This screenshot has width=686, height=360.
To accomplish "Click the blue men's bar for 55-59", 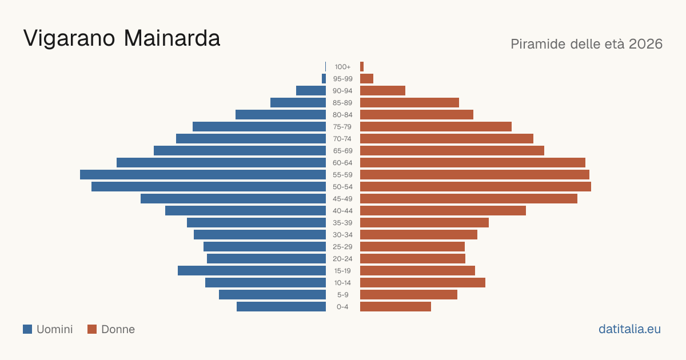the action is click(x=203, y=174).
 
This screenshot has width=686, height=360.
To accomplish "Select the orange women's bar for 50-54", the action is click(x=476, y=187).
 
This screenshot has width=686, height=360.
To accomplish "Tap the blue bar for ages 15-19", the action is click(x=252, y=271).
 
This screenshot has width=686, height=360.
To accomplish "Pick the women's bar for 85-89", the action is click(x=409, y=102).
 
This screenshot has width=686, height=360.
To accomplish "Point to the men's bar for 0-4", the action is click(x=281, y=307).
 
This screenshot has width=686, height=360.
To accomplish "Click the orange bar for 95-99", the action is click(x=366, y=79).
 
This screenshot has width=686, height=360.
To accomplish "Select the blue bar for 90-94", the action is click(x=311, y=91).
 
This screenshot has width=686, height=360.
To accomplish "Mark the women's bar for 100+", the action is click(x=362, y=67).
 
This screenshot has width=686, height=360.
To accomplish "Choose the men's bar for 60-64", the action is click(x=221, y=162).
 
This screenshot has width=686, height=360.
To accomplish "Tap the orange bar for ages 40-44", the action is click(x=443, y=211).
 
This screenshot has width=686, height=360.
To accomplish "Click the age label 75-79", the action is click(x=342, y=127).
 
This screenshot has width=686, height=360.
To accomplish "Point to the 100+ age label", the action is click(x=342, y=67).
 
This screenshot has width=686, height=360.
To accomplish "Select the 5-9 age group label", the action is click(x=342, y=295).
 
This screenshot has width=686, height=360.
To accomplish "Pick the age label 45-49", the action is click(x=342, y=199).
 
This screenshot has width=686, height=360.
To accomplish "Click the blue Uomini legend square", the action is click(x=27, y=329).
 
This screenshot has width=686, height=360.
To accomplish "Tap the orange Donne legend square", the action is click(x=92, y=329).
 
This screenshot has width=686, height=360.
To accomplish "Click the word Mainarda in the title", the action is click(x=172, y=38).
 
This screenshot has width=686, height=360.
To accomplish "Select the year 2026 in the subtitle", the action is click(x=645, y=44).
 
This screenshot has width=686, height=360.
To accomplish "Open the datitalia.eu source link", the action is click(x=629, y=329).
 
